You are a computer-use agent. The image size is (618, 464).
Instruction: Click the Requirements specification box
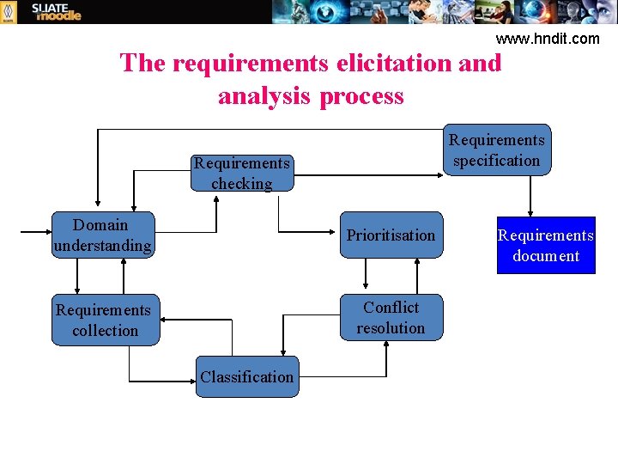tap(497, 150)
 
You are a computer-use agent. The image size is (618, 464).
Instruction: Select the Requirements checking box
tap(243, 172)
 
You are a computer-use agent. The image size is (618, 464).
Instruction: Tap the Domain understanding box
tap(103, 235)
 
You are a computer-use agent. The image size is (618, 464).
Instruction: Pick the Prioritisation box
tap(391, 235)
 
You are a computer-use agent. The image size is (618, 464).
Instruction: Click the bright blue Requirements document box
tap(546, 245)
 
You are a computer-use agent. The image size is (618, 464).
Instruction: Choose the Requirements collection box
tap(105, 320)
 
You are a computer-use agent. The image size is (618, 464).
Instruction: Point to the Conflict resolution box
tap(391, 318)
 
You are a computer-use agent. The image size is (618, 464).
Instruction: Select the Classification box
tap(247, 376)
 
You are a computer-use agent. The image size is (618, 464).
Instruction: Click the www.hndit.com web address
tap(548, 38)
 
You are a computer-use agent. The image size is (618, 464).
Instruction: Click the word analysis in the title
tap(265, 95)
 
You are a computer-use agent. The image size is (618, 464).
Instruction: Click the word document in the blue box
tap(546, 256)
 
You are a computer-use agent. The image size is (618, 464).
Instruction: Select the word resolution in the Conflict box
tap(391, 328)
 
